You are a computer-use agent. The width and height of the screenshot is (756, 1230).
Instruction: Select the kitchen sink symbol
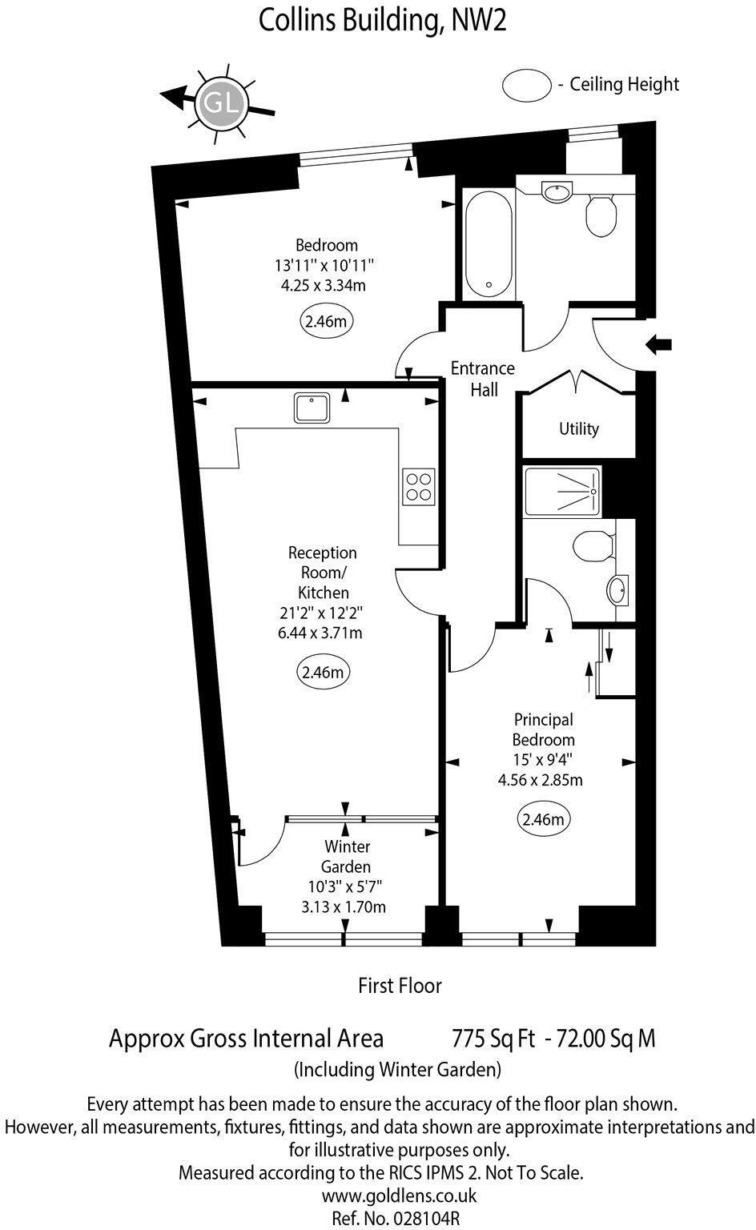click(312, 408)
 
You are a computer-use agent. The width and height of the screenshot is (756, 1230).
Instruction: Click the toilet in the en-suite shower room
click(593, 547)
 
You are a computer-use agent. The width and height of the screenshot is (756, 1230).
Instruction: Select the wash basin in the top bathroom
click(557, 191)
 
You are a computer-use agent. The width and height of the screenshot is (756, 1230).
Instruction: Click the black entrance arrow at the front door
click(658, 345)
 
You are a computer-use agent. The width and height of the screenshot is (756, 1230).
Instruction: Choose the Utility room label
click(578, 429)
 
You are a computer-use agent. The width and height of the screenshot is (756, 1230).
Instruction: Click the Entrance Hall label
click(482, 379)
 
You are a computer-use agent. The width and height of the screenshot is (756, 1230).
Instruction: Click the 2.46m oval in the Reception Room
click(323, 672)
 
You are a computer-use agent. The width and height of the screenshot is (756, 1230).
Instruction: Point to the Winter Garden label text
click(347, 856)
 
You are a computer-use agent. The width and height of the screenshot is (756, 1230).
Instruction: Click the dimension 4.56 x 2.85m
click(542, 779)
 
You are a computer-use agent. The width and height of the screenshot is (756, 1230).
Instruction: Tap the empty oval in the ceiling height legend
click(526, 85)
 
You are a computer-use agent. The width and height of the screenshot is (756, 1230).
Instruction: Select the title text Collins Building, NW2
click(382, 21)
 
